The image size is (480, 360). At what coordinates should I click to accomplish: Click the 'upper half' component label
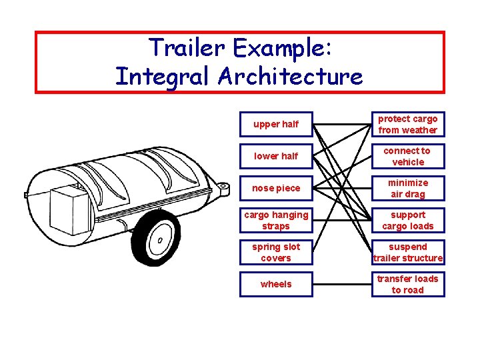pyautogui.click(x=276, y=124)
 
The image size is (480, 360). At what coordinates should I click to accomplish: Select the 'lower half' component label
pyautogui.click(x=276, y=156)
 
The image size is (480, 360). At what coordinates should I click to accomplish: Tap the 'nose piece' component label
pyautogui.click(x=276, y=188)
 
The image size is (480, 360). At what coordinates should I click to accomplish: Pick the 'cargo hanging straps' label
pyautogui.click(x=276, y=220)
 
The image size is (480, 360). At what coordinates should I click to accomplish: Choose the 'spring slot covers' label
pyautogui.click(x=276, y=252)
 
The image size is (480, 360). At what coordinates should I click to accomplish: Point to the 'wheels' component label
pyautogui.click(x=276, y=284)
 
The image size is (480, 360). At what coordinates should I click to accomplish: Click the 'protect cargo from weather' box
pyautogui.click(x=408, y=124)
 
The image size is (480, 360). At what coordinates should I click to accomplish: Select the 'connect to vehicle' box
pyautogui.click(x=408, y=156)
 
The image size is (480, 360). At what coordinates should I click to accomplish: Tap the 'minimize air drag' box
pyautogui.click(x=408, y=188)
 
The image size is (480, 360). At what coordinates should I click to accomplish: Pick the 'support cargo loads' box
pyautogui.click(x=408, y=220)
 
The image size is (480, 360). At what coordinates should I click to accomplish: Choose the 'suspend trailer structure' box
pyautogui.click(x=408, y=252)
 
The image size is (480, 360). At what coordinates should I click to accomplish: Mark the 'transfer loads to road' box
pyautogui.click(x=408, y=284)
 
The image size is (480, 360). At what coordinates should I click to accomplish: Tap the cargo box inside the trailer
pyautogui.click(x=69, y=206)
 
